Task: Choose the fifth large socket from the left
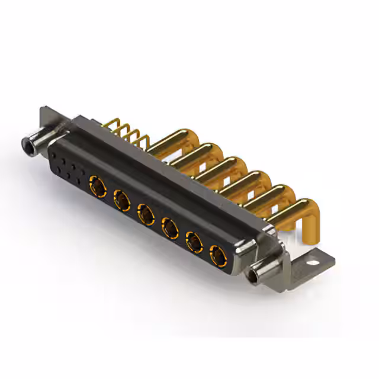tap(194, 240)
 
